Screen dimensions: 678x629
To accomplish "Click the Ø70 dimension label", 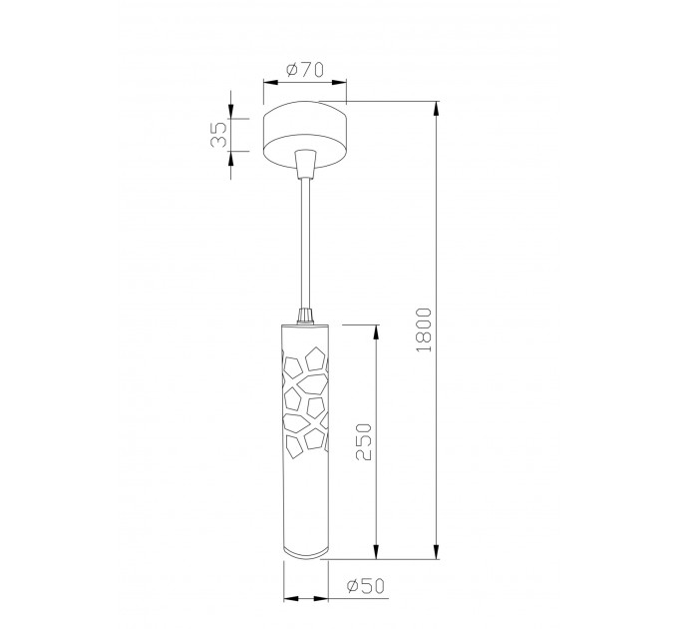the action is point(305,70).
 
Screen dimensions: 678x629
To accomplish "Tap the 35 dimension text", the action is point(218,135).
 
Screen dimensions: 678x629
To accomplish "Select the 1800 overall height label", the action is point(424,329).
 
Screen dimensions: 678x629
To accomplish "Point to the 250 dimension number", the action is point(363,442).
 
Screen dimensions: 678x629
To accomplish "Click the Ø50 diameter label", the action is point(365,586).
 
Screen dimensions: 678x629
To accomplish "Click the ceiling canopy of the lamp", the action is point(305,134).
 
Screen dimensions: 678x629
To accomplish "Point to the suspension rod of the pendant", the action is point(305,243).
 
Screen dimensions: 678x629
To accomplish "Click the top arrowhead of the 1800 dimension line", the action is point(437,108).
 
